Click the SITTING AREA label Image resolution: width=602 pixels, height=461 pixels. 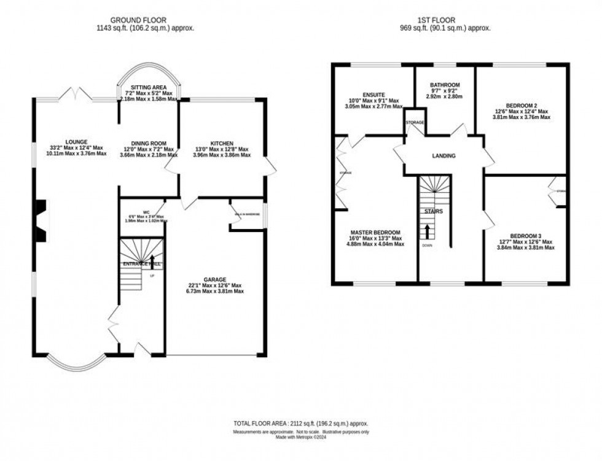149,87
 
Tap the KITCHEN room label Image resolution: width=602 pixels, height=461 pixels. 222,143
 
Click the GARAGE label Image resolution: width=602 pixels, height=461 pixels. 216,279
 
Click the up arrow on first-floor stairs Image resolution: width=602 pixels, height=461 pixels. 428,231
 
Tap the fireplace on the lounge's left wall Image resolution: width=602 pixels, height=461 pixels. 42,222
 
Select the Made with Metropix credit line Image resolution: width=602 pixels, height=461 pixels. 300,437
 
